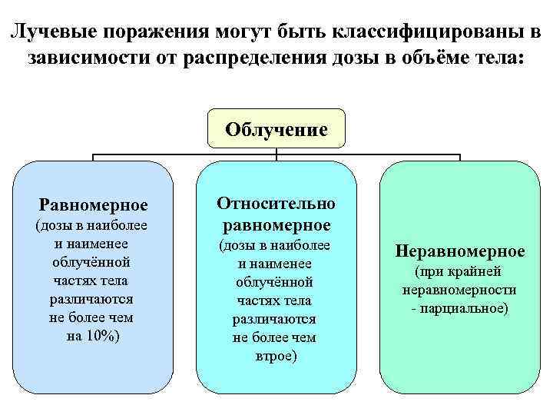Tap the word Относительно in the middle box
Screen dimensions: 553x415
276,203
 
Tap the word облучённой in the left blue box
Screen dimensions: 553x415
94,262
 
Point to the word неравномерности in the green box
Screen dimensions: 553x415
459,290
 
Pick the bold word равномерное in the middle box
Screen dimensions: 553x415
276,225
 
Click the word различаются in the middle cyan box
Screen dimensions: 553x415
274,318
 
